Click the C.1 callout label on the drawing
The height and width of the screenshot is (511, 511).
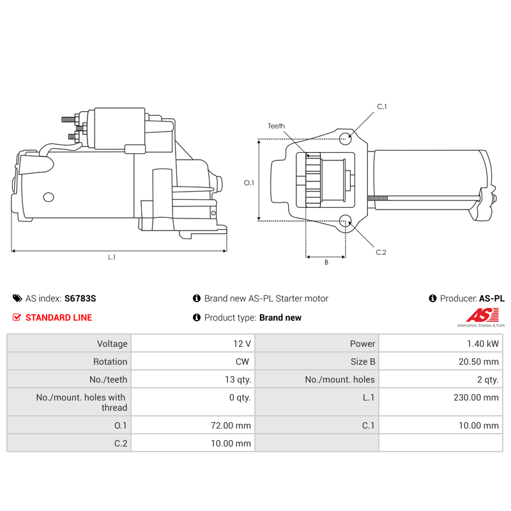click(x=381, y=107)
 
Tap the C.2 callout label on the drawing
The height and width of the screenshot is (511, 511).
click(x=381, y=252)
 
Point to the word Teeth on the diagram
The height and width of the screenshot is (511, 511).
click(x=277, y=126)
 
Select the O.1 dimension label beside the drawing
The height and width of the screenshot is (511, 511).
click(x=249, y=183)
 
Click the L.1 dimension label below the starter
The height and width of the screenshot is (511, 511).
click(x=112, y=257)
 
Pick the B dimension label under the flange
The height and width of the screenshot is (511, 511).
click(x=326, y=263)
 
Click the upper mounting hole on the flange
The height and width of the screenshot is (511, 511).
click(x=345, y=139)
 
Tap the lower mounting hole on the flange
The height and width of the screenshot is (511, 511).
click(x=345, y=221)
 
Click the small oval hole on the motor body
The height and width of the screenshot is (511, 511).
click(x=49, y=197)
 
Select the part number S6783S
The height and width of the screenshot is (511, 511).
click(x=80, y=298)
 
